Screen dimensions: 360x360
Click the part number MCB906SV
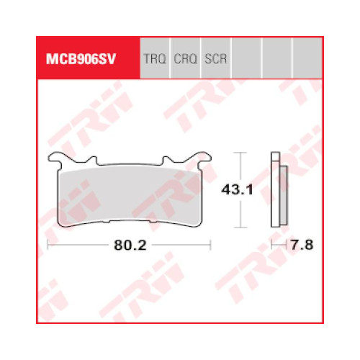pyautogui.click(x=81, y=59)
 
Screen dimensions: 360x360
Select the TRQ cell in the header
pyautogui.click(x=155, y=58)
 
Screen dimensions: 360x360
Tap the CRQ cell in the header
pyautogui.click(x=185, y=58)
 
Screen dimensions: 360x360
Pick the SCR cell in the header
pyautogui.click(x=216, y=58)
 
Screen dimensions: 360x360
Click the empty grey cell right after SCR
pyautogui.click(x=246, y=58)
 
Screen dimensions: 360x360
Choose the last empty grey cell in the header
pyautogui.click(x=307, y=58)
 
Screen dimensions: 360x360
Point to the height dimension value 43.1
pyautogui.click(x=237, y=190)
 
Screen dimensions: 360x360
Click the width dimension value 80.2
pyautogui.click(x=130, y=246)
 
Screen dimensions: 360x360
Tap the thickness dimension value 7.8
pyautogui.click(x=302, y=246)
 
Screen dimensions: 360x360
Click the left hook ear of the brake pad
pyautogui.click(x=55, y=158)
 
